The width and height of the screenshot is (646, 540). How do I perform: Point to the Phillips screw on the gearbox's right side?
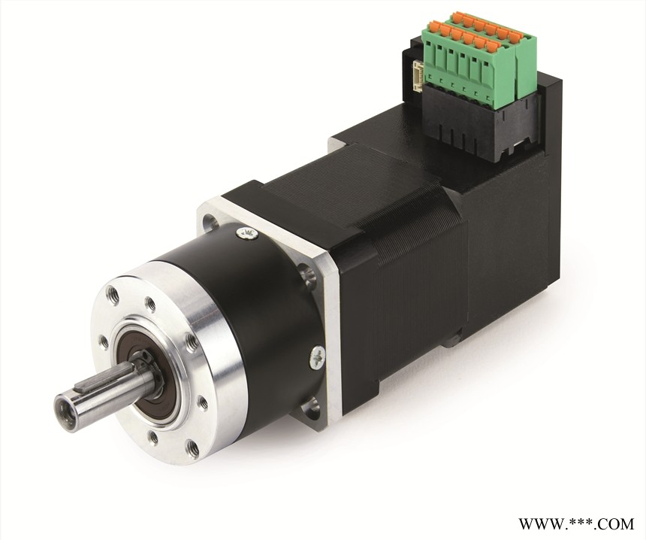[318, 356]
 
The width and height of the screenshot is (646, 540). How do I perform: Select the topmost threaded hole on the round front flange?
[113, 295]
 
